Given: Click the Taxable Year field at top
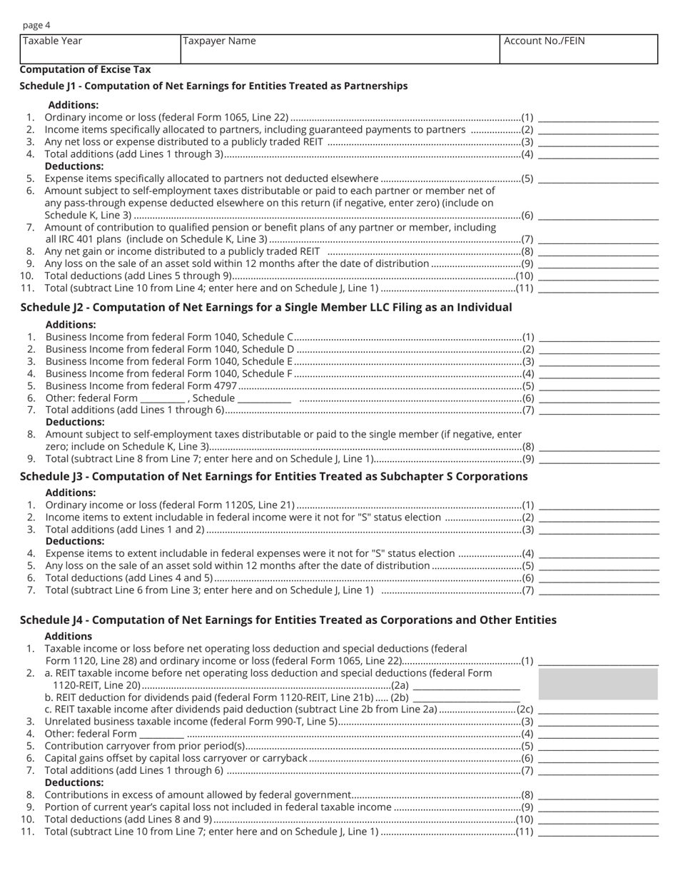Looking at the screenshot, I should coord(100,49).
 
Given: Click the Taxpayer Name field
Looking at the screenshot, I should coord(340,49).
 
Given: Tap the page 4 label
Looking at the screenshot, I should coord(36,26).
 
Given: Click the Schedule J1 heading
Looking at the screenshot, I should coord(213,86).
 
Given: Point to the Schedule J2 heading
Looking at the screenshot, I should coord(265,307).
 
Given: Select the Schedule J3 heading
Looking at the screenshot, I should coord(273,476).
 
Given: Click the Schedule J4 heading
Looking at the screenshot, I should coord(288,620).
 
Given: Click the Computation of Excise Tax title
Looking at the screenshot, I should coord(85,69).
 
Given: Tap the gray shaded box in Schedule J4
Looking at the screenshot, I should coord(597,684).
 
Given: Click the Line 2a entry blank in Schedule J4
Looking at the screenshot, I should coord(466,685).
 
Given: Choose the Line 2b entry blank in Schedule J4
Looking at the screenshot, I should coord(466,697).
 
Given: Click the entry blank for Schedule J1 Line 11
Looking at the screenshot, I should coord(598,288).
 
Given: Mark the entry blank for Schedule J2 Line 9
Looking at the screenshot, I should coord(599,458).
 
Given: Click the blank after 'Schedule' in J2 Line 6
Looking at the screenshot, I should coord(264,398).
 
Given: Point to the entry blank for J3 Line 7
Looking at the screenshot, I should coord(599,590).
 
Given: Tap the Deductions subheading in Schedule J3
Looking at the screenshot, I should coord(75,541).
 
